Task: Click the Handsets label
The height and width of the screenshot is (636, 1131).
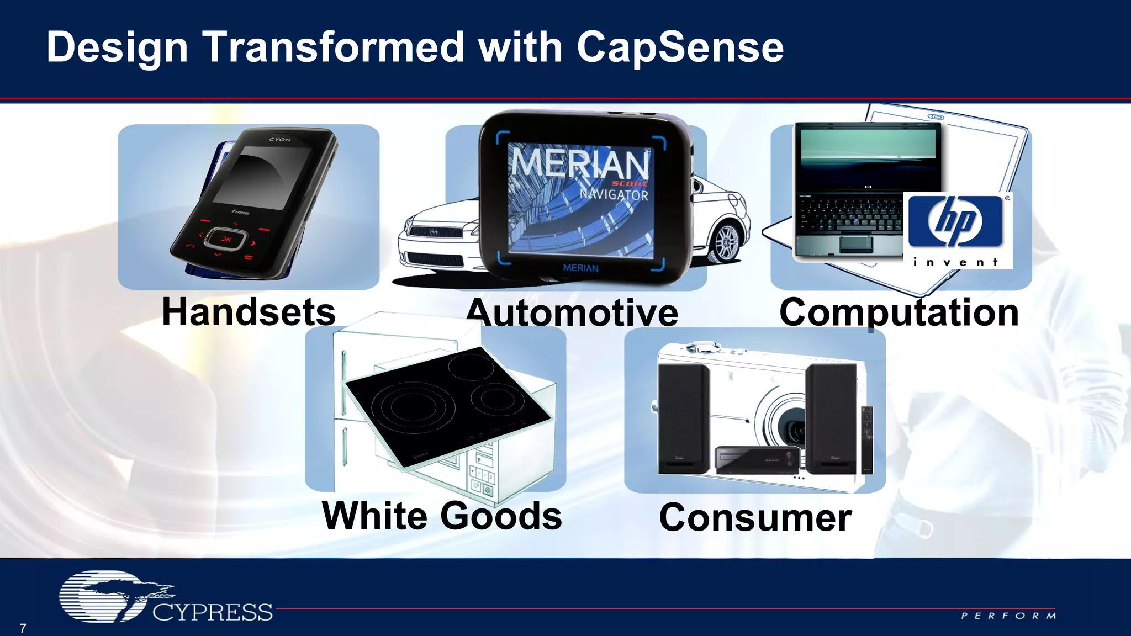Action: (249, 312)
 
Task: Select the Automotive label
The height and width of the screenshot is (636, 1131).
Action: (573, 314)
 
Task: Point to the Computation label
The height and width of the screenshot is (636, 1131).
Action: (899, 312)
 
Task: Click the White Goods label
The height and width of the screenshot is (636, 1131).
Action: (442, 516)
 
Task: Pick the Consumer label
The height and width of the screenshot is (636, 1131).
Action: (755, 518)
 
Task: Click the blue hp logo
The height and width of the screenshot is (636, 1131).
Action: (955, 221)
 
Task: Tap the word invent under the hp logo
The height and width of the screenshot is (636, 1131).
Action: (955, 262)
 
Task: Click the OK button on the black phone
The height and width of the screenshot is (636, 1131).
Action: (225, 239)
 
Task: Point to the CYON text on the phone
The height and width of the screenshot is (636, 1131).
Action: (279, 140)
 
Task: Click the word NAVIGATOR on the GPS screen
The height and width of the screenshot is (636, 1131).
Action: (614, 194)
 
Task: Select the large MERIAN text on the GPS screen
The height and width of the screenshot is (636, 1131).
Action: (579, 162)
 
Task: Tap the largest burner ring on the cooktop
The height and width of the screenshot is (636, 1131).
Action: (413, 407)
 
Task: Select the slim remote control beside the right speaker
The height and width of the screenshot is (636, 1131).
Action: (867, 439)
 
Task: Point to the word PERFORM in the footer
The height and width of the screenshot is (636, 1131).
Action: (1008, 616)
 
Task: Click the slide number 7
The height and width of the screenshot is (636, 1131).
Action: (23, 628)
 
